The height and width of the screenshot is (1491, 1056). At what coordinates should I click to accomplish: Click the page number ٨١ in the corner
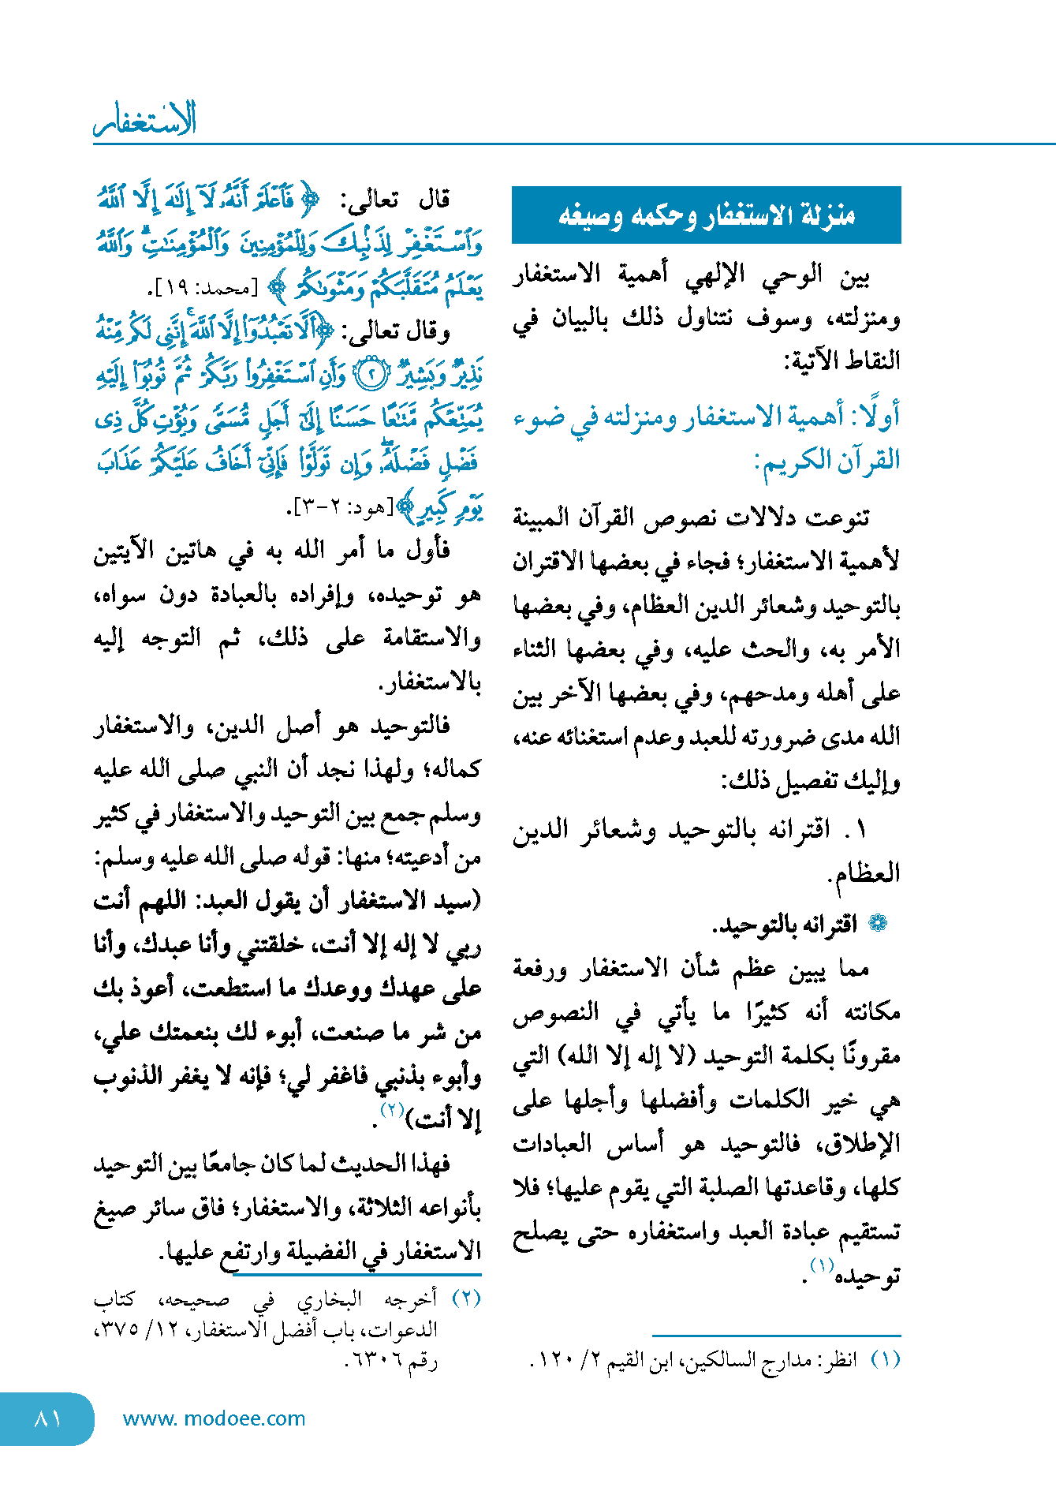tap(48, 1418)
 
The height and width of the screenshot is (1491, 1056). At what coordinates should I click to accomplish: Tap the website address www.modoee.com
tap(214, 1418)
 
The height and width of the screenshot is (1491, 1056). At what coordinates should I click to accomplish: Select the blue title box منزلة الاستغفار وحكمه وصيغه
tap(706, 215)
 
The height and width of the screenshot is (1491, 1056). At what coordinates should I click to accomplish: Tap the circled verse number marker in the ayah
tap(370, 376)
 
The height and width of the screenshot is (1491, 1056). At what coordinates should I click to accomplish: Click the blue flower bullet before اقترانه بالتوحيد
tap(877, 924)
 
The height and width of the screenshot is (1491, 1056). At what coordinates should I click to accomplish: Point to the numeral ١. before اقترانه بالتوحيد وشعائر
tap(857, 829)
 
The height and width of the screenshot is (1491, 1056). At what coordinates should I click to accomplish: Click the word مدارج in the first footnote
tap(790, 1360)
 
